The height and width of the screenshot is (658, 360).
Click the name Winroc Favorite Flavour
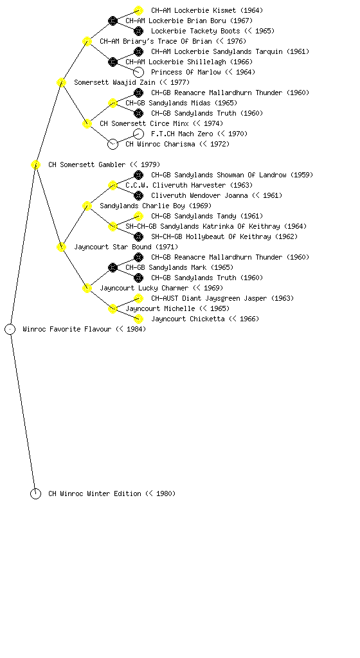tap(67, 329)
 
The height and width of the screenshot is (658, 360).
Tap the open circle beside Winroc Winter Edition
tap(35, 494)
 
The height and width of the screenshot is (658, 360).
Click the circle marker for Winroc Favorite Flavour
tap(10, 330)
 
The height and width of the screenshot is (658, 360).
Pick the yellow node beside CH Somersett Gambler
tap(35, 165)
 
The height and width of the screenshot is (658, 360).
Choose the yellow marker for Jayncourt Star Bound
tap(61, 247)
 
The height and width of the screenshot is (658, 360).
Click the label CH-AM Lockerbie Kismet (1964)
tap(207, 10)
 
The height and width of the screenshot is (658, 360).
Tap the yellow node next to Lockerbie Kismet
tap(138, 10)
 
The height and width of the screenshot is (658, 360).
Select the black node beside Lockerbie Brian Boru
tap(113, 21)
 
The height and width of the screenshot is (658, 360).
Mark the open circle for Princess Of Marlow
tap(138, 72)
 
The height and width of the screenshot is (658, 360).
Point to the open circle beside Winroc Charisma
tap(113, 145)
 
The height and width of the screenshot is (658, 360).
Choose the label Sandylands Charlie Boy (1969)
tap(156, 206)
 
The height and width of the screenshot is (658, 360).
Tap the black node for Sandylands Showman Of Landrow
tap(138, 175)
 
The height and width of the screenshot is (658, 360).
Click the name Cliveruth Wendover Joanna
tap(199, 195)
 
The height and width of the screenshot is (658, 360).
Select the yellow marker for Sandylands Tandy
tap(138, 216)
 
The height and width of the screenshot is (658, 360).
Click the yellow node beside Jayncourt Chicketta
tap(138, 319)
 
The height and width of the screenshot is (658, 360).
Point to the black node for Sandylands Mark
tap(113, 267)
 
